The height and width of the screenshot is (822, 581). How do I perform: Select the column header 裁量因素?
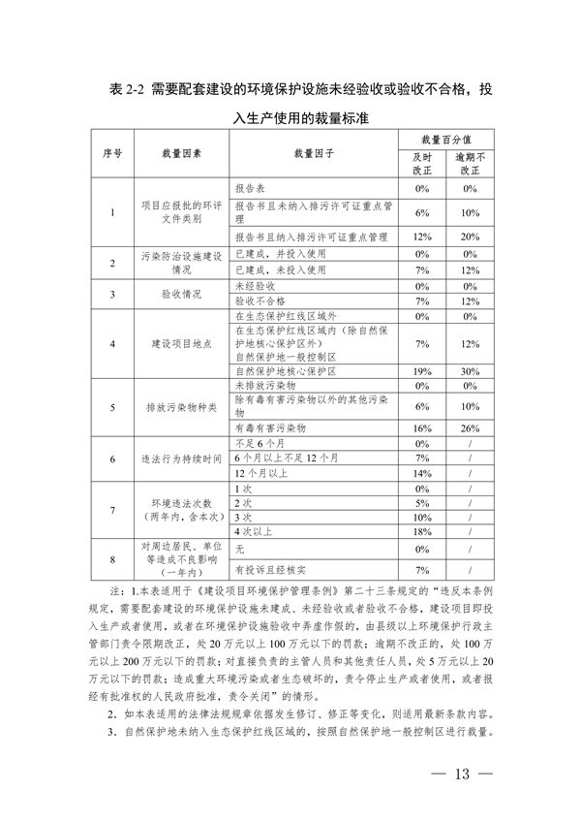point(181,155)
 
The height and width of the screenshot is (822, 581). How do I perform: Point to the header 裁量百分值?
point(445,142)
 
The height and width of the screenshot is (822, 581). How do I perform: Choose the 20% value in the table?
point(471,237)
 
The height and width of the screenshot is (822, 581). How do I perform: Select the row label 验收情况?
point(181,294)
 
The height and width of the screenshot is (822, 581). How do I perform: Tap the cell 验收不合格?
point(260,301)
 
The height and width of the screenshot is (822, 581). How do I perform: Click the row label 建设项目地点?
point(181,343)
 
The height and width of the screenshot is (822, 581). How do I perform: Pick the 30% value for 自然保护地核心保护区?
point(471,371)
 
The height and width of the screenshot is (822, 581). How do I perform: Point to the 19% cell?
point(420,371)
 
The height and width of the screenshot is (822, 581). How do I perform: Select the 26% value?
point(471,427)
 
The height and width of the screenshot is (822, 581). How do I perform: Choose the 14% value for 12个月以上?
point(420,473)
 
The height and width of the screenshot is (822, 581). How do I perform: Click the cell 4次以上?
point(254,532)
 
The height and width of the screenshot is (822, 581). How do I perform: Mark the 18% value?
point(420,532)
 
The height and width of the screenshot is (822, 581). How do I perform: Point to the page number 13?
point(461,775)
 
